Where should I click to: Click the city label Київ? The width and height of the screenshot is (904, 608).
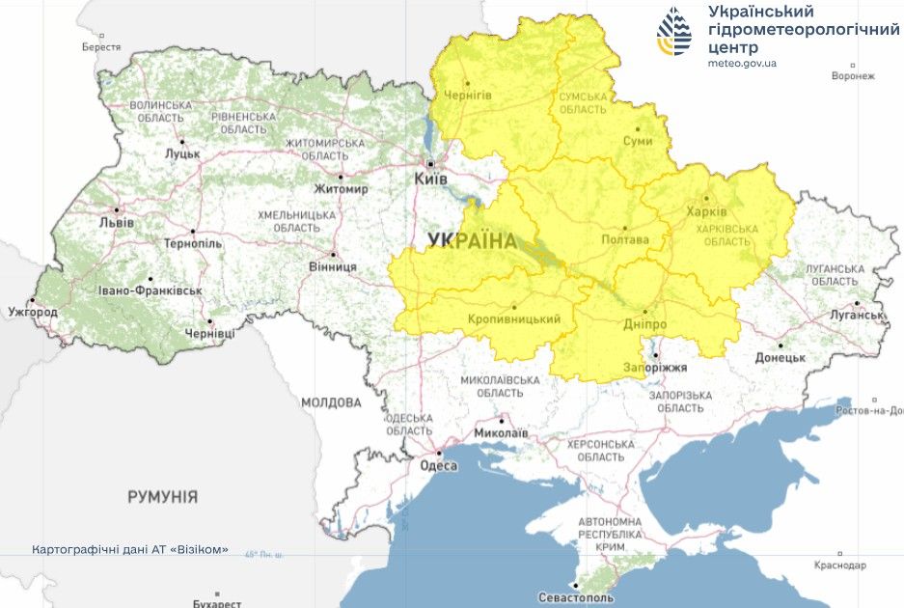click(430, 180)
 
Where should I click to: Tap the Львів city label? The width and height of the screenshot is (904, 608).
click(117, 223)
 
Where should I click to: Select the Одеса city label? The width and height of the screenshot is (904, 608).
click(437, 465)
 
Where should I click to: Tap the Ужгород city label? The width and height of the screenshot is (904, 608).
click(32, 313)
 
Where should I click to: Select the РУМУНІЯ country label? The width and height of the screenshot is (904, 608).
click(163, 497)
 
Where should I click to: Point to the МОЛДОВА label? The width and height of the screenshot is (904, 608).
click(331, 402)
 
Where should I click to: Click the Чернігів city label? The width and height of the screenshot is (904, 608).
click(468, 95)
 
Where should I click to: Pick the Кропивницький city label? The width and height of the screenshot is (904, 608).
click(514, 318)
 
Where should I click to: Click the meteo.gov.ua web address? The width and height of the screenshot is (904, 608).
click(742, 63)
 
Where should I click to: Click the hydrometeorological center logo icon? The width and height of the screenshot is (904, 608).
click(674, 32)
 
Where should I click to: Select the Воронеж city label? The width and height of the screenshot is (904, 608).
click(853, 76)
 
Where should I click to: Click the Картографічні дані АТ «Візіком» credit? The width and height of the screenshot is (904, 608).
click(130, 549)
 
